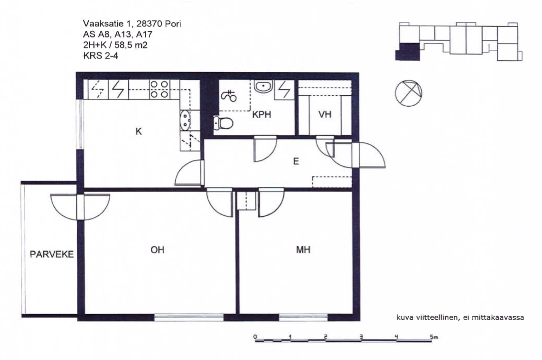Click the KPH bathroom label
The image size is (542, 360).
262,114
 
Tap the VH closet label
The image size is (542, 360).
325,114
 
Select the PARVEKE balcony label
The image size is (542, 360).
52,255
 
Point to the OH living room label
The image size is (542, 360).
157,249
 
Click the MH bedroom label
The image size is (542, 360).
303,249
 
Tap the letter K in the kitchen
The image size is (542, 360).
139,131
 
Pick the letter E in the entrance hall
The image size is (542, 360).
296,161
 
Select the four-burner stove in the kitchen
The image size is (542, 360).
159,89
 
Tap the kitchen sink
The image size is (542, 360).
185,120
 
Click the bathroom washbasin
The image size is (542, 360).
263,86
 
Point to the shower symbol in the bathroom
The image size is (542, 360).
229,96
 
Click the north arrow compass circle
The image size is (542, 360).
409,93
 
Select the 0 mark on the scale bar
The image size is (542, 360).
255,336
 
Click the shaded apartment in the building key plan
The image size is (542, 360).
408,52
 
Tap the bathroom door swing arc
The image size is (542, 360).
266,149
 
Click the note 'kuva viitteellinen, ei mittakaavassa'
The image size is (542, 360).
460,317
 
